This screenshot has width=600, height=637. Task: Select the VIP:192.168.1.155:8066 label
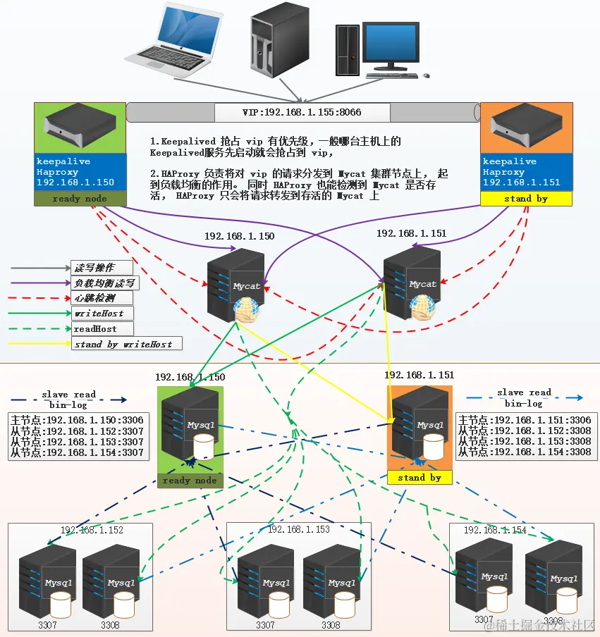tap(302, 112)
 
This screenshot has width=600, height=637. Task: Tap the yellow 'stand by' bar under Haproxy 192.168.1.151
tap(526, 199)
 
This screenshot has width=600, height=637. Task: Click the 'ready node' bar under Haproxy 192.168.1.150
tap(80, 199)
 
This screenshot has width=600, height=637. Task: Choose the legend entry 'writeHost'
tap(98, 313)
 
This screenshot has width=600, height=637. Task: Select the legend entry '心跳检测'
tap(94, 298)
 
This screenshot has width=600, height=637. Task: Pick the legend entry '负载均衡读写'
tap(104, 283)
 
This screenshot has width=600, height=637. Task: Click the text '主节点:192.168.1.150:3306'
tap(78, 420)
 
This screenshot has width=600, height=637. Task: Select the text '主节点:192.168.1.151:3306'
tap(525, 420)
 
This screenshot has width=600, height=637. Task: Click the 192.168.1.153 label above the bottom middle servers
tap(299, 529)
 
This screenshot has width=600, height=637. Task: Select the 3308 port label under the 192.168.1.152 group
tap(111, 624)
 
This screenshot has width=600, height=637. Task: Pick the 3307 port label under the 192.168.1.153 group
tap(266, 624)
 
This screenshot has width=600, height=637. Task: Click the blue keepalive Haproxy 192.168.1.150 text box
tap(80, 172)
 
